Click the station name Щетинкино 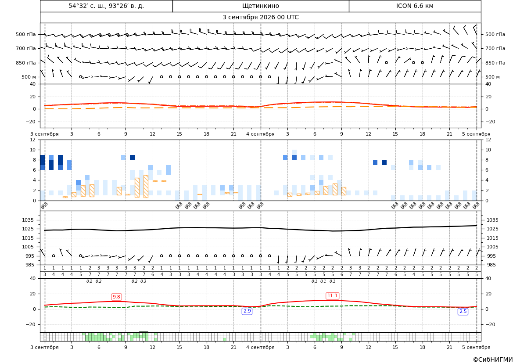[260, 6]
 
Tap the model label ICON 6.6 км [415, 6]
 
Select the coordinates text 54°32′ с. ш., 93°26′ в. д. [106, 6]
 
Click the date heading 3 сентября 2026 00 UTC [260, 18]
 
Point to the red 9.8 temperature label [116, 297]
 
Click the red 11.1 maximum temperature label [332, 295]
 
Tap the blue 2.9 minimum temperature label [247, 311]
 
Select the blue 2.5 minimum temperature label [463, 311]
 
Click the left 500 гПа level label [26, 34]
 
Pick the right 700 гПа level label [495, 48]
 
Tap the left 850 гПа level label [26, 63]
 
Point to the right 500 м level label [492, 77]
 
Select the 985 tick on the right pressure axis [491, 265]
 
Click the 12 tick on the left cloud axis [33, 140]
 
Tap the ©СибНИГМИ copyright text [493, 359]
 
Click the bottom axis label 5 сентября [476, 347]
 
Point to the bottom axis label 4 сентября [260, 347]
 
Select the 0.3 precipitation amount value [143, 281]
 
